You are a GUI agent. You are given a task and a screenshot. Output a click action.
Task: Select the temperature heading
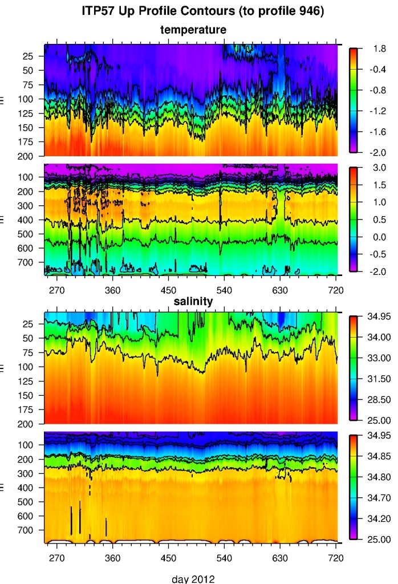193,29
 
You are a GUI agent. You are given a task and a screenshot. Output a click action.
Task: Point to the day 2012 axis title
193,578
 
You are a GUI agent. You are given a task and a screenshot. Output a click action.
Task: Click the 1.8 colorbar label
371,49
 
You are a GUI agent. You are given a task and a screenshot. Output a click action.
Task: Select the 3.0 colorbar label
371,168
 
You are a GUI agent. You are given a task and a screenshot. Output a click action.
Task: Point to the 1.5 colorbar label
371,185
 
